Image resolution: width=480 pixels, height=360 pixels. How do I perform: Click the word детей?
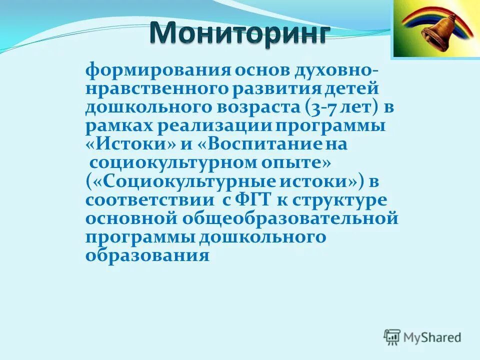click(352, 88)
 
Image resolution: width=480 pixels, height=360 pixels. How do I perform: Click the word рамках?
click(118, 125)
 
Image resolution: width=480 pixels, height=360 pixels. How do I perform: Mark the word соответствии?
click(147, 199)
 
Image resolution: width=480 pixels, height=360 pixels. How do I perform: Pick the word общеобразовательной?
click(291, 218)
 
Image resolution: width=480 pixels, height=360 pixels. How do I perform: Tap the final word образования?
click(147, 255)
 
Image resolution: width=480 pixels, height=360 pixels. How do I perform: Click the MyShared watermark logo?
click(422, 336)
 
